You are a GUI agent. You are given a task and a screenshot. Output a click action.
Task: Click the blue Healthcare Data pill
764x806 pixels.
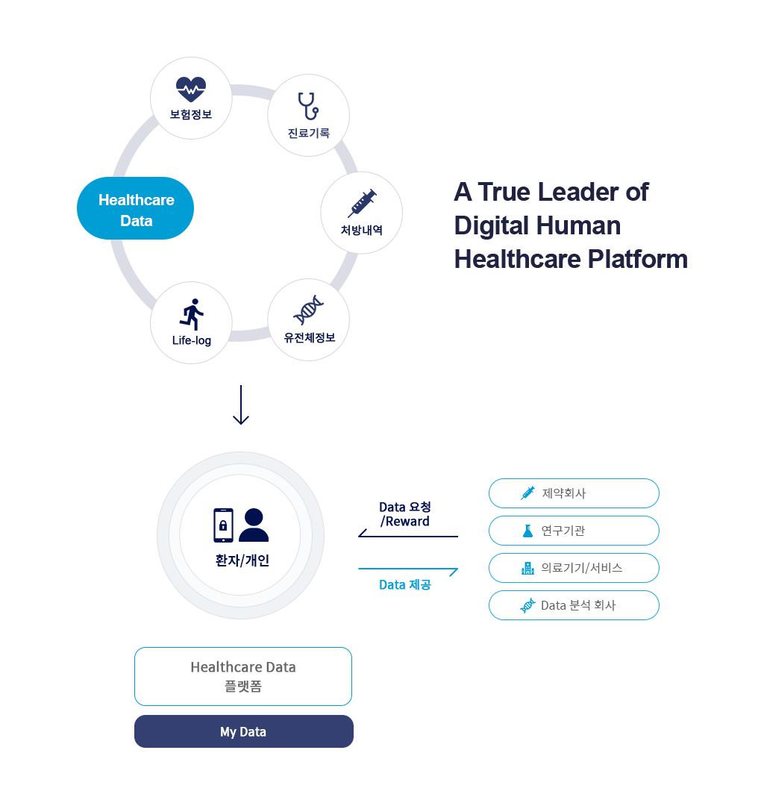click(x=135, y=208)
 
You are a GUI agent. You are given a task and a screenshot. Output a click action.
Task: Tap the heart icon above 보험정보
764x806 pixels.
click(x=190, y=90)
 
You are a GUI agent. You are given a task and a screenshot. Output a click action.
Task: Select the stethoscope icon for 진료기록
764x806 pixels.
click(x=308, y=106)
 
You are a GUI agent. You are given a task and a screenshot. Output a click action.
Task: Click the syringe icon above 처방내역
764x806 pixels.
click(x=362, y=203)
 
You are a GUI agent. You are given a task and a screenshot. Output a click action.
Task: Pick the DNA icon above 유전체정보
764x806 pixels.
click(x=308, y=310)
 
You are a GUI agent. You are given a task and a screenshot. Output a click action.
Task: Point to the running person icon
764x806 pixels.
click(x=192, y=314)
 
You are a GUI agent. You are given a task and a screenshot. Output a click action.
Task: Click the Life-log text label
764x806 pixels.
click(x=192, y=340)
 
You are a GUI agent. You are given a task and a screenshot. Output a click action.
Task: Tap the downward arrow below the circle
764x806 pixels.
click(x=241, y=405)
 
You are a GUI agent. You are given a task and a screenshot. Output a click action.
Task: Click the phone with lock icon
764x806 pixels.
click(x=224, y=525)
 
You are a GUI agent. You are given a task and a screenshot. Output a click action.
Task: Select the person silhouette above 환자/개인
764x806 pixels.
click(x=254, y=525)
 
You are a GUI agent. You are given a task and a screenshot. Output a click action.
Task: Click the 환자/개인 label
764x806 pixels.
click(x=242, y=560)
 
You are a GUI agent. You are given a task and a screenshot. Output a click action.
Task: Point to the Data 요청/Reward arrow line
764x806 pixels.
click(x=408, y=536)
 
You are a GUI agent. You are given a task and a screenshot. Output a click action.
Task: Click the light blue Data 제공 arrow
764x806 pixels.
click(x=408, y=569)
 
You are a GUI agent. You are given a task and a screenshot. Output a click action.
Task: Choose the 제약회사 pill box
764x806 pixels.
click(x=574, y=493)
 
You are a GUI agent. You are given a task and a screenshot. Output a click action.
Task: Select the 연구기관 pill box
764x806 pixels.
click(x=574, y=531)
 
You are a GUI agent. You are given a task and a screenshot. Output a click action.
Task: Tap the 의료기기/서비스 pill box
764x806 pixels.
click(x=574, y=568)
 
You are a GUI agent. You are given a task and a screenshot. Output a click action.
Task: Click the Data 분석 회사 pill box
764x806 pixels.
click(x=574, y=605)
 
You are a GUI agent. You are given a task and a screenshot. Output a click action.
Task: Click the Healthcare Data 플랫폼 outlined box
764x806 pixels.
click(x=243, y=676)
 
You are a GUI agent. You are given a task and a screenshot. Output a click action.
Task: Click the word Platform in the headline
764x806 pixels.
click(x=638, y=259)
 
